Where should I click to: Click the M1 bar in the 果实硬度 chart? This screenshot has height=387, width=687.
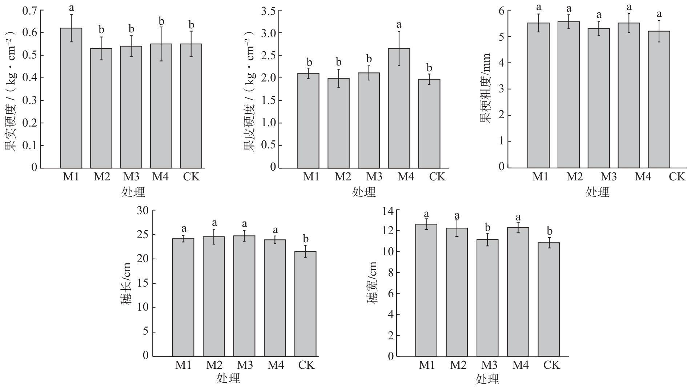tap(71, 98)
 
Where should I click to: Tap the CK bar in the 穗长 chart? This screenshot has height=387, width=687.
tap(305, 304)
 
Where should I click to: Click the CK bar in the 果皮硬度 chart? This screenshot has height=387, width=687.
tap(429, 124)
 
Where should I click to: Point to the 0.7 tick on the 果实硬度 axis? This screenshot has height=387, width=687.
tap(30, 11)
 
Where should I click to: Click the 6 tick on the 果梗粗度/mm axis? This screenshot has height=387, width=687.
tap(502, 11)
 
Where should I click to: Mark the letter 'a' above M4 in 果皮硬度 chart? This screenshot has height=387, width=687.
tap(399, 25)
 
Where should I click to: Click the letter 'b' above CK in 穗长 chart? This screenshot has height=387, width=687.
tap(306, 239)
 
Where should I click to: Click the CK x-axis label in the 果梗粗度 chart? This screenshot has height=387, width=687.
tap(677, 177)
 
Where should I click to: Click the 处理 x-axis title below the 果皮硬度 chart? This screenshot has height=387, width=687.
tap(364, 192)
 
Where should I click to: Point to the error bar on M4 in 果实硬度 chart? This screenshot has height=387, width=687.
tap(161, 44)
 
